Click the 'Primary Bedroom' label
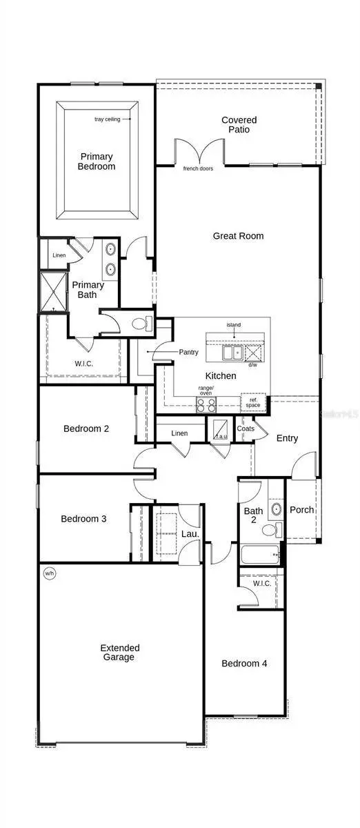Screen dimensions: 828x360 click(x=97, y=161)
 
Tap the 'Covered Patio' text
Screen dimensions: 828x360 click(x=239, y=125)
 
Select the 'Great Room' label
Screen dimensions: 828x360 click(x=238, y=236)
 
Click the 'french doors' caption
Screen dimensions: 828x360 click(x=199, y=168)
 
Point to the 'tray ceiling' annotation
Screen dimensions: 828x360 click(x=107, y=119)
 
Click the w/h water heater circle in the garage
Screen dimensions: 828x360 click(x=49, y=573)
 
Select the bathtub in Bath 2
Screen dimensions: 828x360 click(x=259, y=554)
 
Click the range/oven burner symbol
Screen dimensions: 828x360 click(x=206, y=405)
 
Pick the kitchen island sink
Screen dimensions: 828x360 click(x=230, y=353)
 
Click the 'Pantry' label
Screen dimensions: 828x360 click(x=189, y=353)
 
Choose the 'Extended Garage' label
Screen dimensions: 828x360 click(x=120, y=653)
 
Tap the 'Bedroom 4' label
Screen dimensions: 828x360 click(x=244, y=664)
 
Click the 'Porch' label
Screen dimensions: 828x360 click(x=301, y=510)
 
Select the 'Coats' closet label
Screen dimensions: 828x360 click(x=246, y=428)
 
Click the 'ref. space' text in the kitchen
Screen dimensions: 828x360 click(x=254, y=402)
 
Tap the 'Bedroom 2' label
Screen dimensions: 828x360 click(x=86, y=428)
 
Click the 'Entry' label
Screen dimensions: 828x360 click(x=287, y=438)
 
